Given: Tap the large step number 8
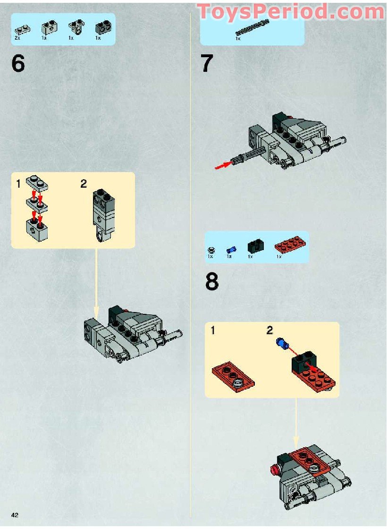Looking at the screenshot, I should pyautogui.click(x=212, y=282).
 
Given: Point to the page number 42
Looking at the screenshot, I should pyautogui.click(x=15, y=514).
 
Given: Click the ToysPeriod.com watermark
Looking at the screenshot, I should pyautogui.click(x=290, y=11).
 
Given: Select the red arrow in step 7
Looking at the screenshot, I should pyautogui.click(x=224, y=165).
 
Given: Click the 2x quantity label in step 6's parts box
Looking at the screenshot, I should pyautogui.click(x=17, y=37).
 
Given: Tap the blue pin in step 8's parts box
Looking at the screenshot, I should pyautogui.click(x=231, y=250).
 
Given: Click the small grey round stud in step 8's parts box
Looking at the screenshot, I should pyautogui.click(x=211, y=250).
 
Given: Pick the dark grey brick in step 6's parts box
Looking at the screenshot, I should pyautogui.click(x=103, y=28).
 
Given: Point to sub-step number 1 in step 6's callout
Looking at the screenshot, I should pyautogui.click(x=18, y=184).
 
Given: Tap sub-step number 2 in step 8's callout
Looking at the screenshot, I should pyautogui.click(x=269, y=330).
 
